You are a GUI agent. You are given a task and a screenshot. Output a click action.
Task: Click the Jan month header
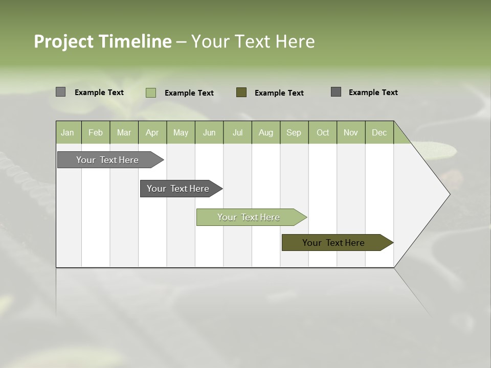(x=68, y=132)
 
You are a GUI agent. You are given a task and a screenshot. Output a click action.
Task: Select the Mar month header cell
(x=124, y=132)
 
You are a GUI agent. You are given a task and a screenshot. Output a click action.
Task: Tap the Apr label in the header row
(x=152, y=132)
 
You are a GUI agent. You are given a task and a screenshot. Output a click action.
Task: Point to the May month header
(x=181, y=132)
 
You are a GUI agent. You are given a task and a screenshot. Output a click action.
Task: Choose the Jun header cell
(x=209, y=132)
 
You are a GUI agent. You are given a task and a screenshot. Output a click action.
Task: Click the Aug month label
(x=265, y=132)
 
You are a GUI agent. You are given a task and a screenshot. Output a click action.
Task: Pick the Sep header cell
(x=294, y=132)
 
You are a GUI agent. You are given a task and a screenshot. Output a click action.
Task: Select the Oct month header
(x=323, y=132)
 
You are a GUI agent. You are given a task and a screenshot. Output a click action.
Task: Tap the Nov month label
(x=351, y=132)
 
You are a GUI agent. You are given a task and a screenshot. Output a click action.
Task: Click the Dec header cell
(x=379, y=132)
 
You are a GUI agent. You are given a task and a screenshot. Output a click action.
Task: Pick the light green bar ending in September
(x=249, y=217)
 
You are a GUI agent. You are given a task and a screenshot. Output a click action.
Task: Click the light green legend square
(x=151, y=93)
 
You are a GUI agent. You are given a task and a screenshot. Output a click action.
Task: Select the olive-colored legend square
(x=241, y=92)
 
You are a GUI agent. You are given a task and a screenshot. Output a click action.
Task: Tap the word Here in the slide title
(x=295, y=41)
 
